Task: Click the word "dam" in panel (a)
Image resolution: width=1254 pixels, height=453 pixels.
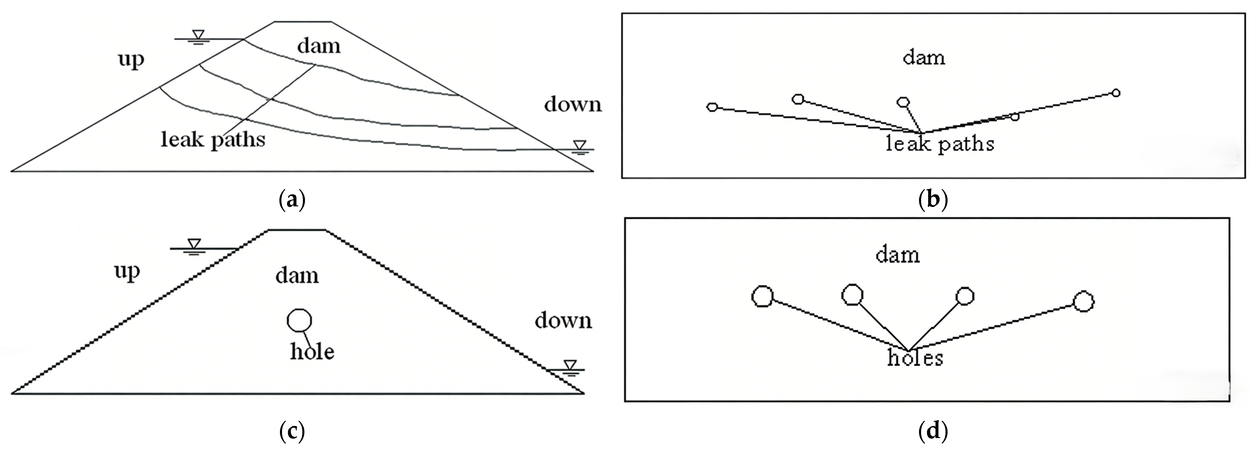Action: point(319,46)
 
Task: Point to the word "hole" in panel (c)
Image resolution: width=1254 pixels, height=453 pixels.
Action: point(312,351)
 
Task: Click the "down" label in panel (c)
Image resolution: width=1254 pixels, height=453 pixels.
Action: point(563,321)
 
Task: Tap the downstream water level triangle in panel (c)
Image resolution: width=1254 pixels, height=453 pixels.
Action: point(570,365)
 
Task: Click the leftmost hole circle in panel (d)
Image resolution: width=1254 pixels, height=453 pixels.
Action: point(762,296)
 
